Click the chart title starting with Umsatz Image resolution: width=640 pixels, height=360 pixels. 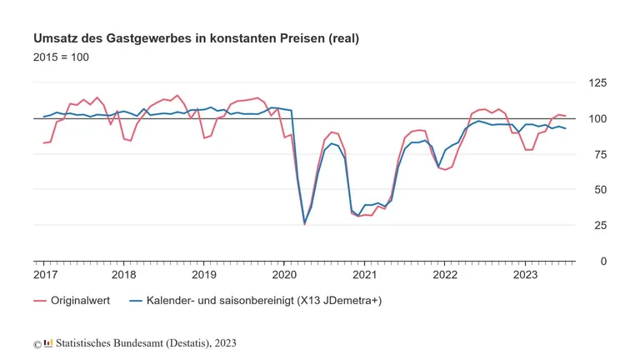196,39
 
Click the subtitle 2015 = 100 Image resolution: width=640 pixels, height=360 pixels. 61,57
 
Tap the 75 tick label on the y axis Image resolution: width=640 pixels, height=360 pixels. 598,154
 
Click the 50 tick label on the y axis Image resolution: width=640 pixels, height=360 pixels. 598,190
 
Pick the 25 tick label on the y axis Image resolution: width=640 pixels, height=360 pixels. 598,225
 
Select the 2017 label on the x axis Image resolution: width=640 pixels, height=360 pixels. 45,274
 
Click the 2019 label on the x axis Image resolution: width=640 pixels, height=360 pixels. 204,274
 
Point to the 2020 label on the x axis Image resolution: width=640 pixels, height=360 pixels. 284,274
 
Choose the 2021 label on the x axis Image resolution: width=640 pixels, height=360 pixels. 364,274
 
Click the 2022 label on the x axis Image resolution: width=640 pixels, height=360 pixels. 445,274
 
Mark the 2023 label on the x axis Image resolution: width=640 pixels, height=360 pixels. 525,274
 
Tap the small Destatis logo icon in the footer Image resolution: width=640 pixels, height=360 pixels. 48,342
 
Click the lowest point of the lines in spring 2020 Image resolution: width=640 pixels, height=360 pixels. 304,223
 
